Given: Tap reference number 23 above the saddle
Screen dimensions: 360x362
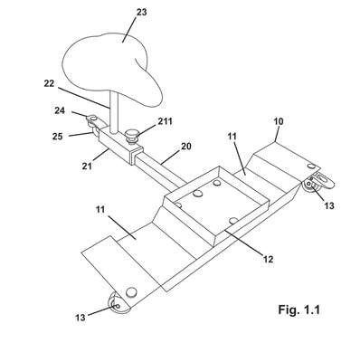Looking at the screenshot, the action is (141, 12).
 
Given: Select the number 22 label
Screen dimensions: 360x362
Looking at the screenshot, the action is (49, 83).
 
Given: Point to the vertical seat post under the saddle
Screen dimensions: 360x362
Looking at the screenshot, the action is (114, 112).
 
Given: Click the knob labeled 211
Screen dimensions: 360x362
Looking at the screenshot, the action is (131, 136).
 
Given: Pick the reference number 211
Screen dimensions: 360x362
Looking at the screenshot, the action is (165, 121).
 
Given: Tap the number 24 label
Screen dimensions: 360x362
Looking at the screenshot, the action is (60, 110).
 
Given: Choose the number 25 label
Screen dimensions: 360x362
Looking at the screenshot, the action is (58, 137).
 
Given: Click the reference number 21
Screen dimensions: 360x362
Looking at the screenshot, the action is (87, 166).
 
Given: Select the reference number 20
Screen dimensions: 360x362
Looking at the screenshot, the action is (185, 146).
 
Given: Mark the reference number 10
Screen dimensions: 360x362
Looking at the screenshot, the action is (279, 121).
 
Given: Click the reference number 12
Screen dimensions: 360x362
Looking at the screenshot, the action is (268, 259).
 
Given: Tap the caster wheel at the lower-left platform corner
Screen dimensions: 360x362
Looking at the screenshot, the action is (118, 304).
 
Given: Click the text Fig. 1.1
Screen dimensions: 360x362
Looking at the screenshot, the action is (298, 310).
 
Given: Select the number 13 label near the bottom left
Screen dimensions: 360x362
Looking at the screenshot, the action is (81, 318).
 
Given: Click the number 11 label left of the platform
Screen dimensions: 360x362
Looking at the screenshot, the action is (100, 209).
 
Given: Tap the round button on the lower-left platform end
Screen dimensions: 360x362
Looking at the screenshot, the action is (131, 292).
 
